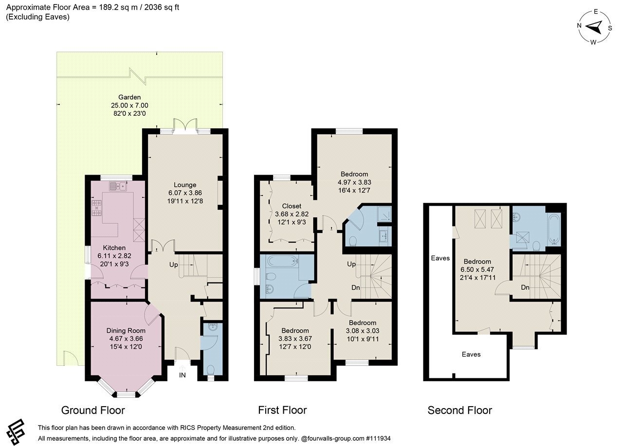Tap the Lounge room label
pos(185,185)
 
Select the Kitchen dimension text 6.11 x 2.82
pos(114,256)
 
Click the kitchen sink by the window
pos(118,186)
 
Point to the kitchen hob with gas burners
pos(96,208)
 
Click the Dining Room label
pos(126,330)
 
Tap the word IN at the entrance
pos(182,375)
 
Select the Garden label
pos(129,97)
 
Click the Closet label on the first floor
pos(292,206)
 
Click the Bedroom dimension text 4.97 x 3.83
pos(354,182)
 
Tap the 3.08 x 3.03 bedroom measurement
pos(363,331)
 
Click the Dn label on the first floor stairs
pos(356,287)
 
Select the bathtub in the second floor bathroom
pos(554,229)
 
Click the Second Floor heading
pos(460,410)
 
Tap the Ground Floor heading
pos(93,410)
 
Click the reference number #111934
pos(378,438)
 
